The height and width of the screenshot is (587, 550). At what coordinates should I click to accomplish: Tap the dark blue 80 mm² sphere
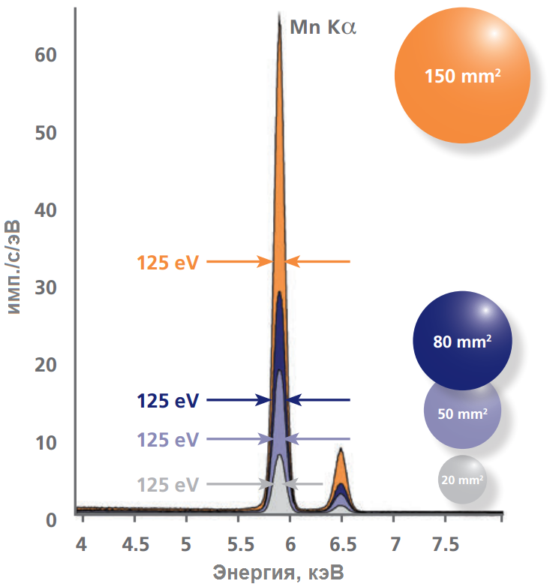(462, 341)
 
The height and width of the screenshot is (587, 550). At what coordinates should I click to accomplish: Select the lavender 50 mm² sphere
(462, 412)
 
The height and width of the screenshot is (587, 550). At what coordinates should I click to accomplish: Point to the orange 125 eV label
(167, 262)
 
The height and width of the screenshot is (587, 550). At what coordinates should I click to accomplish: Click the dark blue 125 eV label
(167, 401)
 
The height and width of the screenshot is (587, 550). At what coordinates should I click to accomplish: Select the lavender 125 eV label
(167, 439)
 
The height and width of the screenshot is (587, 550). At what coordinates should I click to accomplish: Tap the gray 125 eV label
(167, 485)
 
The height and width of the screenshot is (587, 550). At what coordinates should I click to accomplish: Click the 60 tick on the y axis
(47, 55)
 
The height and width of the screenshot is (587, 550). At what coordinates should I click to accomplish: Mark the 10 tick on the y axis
(47, 442)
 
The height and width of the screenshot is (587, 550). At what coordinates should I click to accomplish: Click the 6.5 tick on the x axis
(341, 542)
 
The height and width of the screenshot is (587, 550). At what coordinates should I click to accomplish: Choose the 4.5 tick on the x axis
(134, 542)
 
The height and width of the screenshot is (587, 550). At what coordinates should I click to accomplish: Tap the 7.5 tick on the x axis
(445, 542)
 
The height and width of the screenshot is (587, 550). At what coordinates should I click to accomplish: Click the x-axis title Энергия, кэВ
(279, 573)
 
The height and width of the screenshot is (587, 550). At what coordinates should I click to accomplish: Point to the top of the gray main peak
(280, 457)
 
